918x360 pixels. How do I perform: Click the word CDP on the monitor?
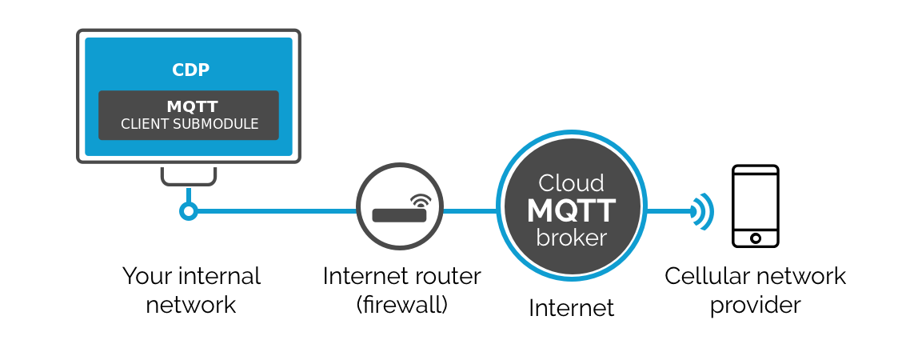[x=190, y=70]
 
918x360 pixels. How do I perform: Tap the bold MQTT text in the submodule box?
[x=192, y=106]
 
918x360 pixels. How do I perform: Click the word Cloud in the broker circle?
[x=571, y=183]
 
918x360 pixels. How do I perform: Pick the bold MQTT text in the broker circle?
[x=571, y=211]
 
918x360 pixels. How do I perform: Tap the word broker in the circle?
[x=571, y=238]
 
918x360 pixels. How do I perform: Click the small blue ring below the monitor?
[x=188, y=211]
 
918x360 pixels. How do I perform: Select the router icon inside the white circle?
[x=398, y=214]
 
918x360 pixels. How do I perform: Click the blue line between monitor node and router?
[x=276, y=211]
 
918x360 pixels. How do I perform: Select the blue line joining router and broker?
[x=469, y=211]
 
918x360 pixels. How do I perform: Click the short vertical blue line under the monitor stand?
[x=188, y=194]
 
